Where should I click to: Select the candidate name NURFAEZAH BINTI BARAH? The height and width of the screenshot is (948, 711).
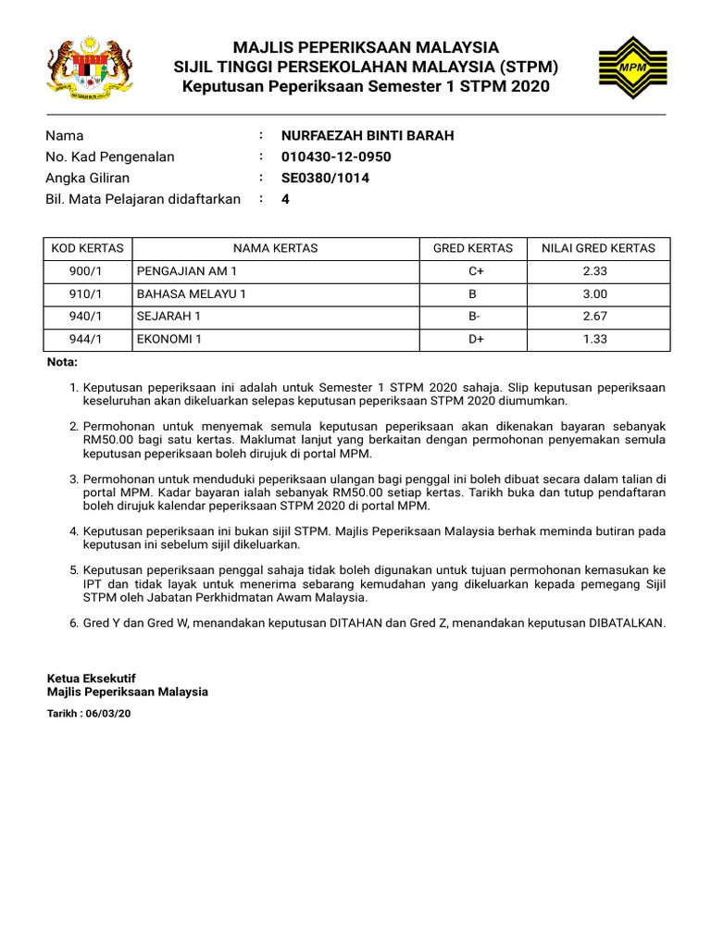click(368, 136)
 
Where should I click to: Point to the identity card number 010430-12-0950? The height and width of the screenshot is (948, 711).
click(336, 157)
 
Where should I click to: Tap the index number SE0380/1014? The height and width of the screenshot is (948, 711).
click(325, 178)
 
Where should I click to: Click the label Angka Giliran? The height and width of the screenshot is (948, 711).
click(88, 178)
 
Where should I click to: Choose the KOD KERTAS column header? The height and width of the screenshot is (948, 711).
click(88, 248)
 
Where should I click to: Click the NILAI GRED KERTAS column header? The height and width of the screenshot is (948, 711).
click(598, 248)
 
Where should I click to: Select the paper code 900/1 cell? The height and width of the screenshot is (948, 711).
click(88, 271)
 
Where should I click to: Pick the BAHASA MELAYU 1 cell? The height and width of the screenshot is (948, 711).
click(192, 294)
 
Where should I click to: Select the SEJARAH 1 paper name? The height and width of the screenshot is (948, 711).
click(168, 317)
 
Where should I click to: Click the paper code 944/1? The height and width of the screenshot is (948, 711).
click(88, 340)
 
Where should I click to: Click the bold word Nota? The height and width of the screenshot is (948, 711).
click(63, 362)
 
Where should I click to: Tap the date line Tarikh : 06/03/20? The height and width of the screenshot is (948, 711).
click(89, 714)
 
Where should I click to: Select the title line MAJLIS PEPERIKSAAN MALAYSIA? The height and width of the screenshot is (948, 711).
click(366, 47)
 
